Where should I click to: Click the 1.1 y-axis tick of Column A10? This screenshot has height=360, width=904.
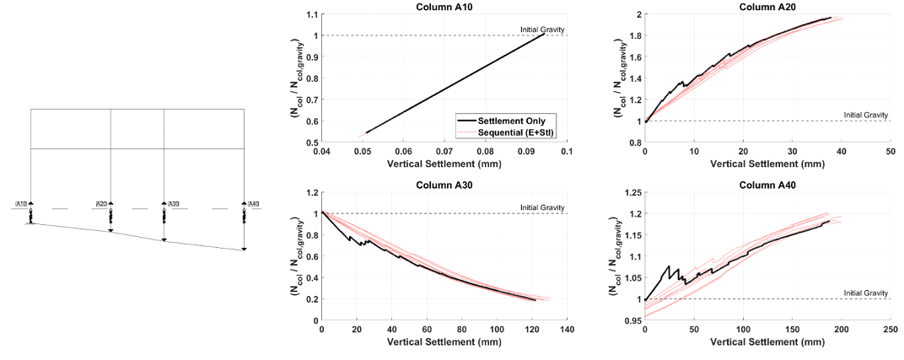point(313,14)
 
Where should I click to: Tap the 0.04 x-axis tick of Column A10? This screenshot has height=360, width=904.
point(321,151)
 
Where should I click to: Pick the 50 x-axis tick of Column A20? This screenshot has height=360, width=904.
point(891,151)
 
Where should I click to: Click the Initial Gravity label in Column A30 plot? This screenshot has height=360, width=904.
point(541,207)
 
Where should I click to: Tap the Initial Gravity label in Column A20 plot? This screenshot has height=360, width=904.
point(865,115)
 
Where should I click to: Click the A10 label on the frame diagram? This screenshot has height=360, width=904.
point(22,204)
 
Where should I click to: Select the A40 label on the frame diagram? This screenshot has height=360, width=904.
point(251,204)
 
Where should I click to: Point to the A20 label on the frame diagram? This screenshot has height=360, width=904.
point(101,204)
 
